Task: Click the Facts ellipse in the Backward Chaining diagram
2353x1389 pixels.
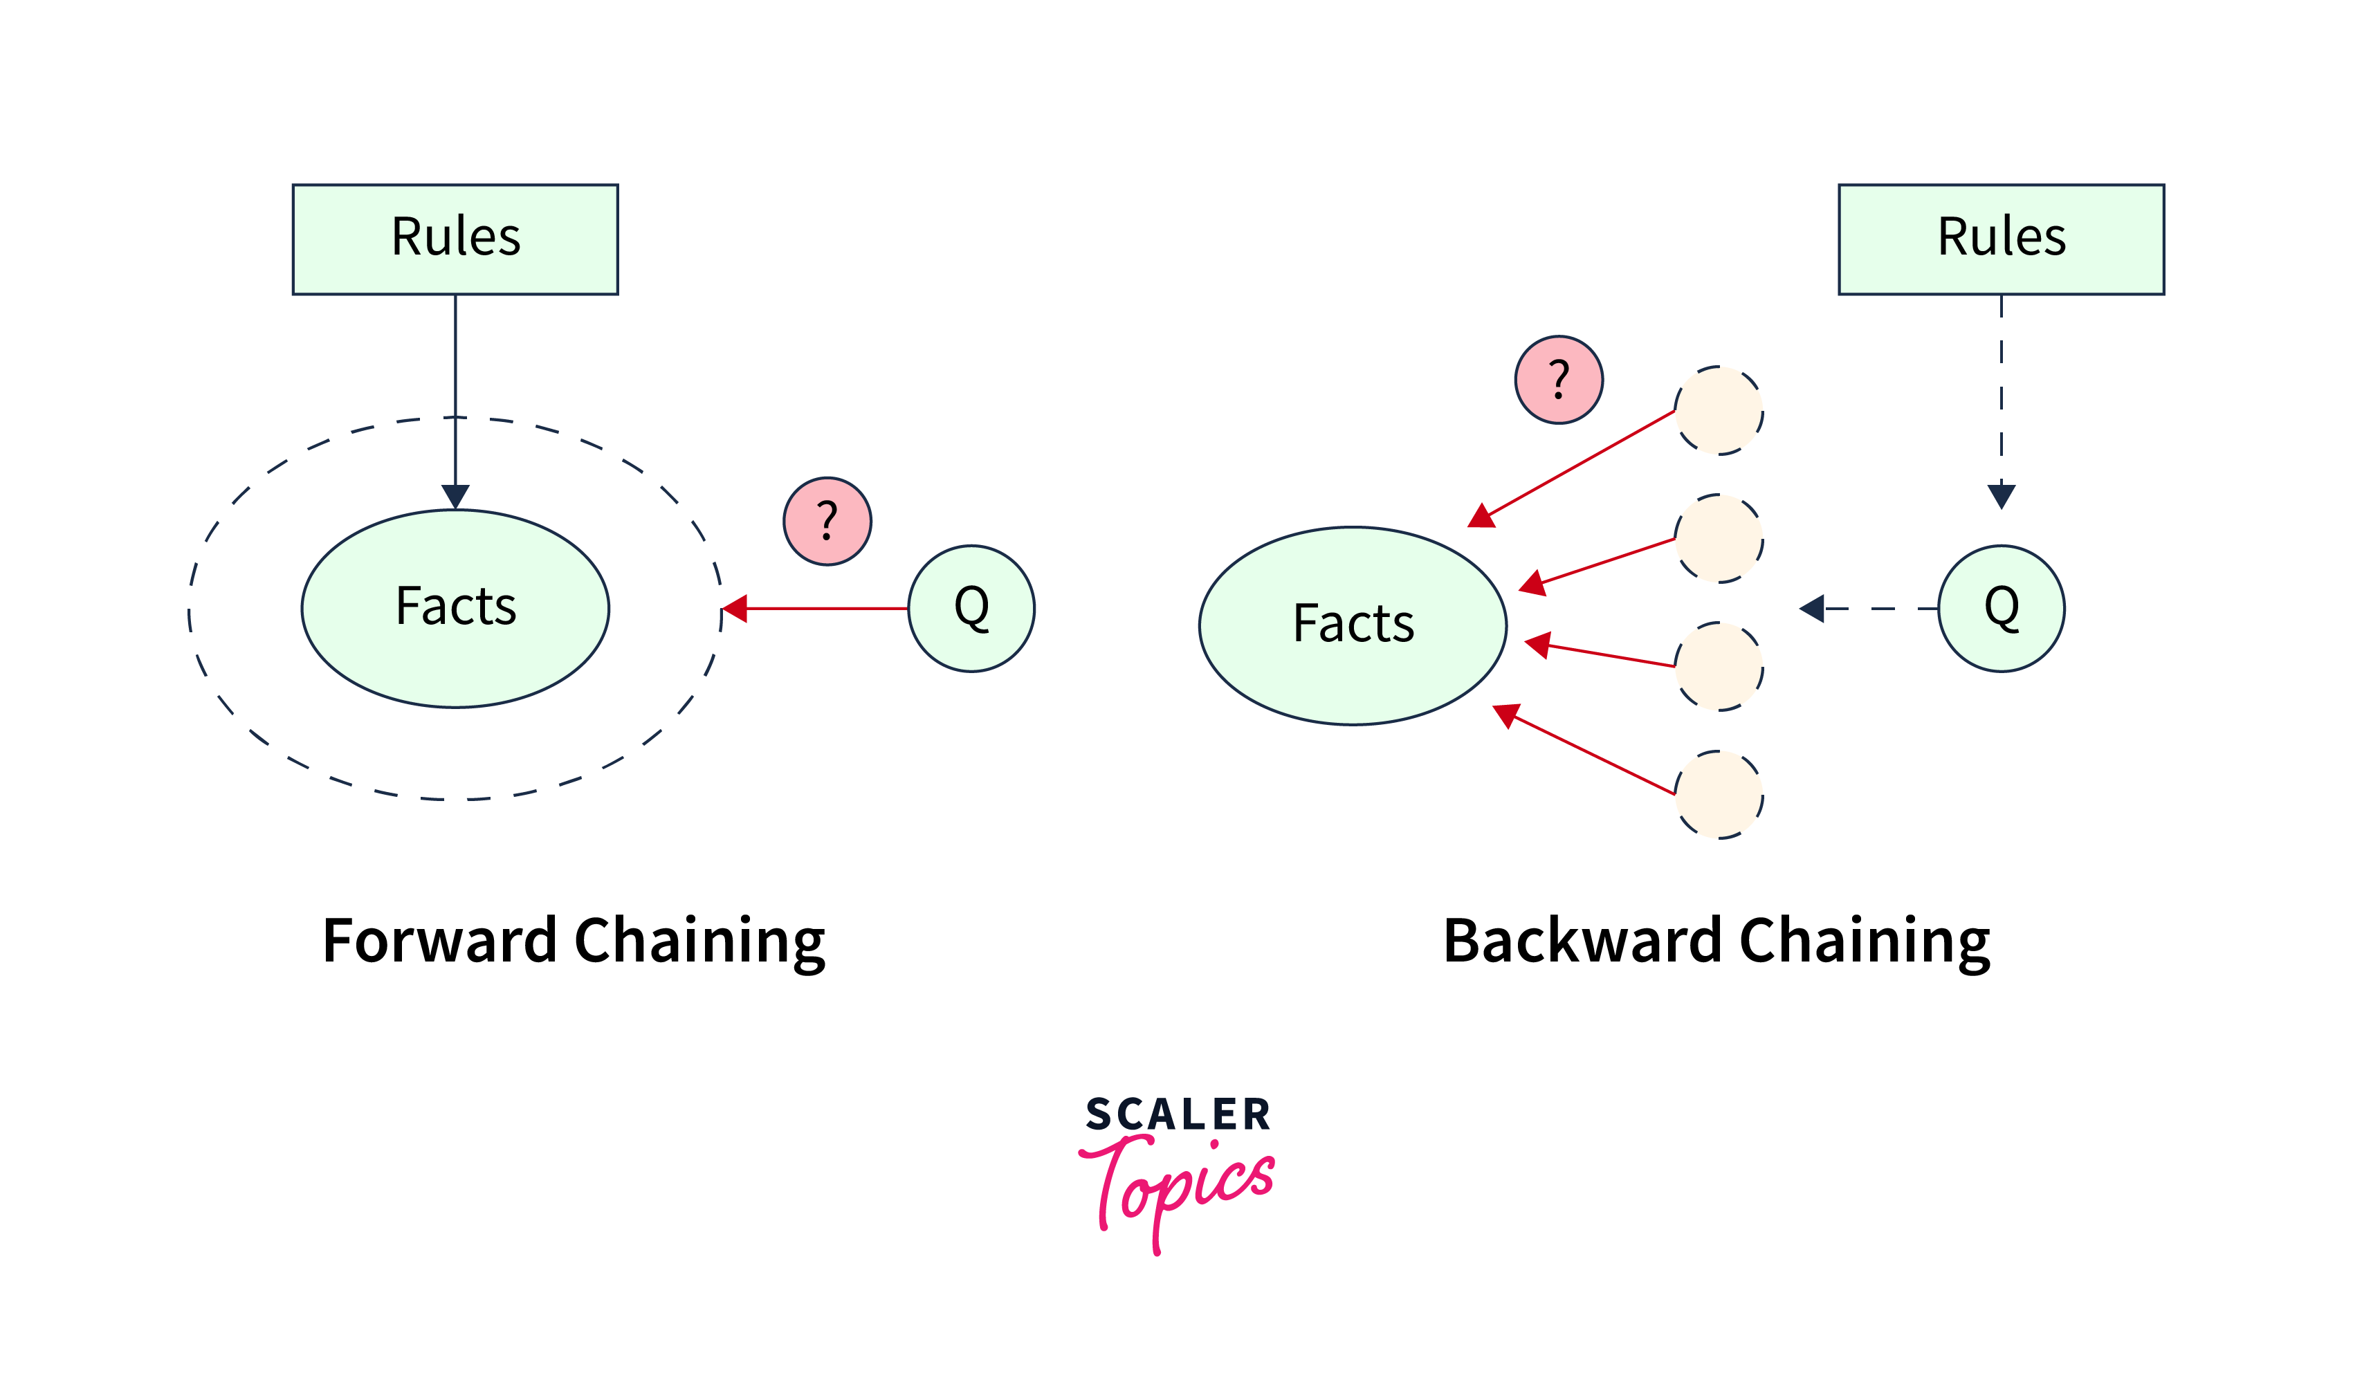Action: click(1353, 625)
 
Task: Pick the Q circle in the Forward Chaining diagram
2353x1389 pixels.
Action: click(971, 609)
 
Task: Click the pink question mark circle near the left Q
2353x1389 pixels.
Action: click(827, 522)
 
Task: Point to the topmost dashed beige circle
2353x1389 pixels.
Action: click(1719, 410)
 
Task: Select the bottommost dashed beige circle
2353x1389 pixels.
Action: click(1719, 795)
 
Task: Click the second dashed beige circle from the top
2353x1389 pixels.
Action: click(1719, 538)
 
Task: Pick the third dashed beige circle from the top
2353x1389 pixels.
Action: click(1719, 666)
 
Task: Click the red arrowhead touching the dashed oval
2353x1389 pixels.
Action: click(735, 609)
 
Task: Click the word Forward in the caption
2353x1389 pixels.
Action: click(440, 941)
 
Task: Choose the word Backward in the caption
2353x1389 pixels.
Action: click(1582, 941)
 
